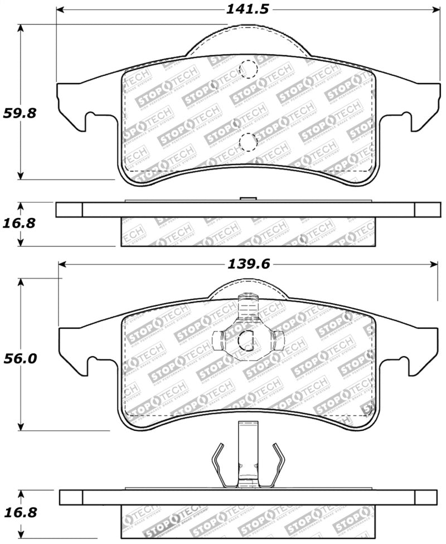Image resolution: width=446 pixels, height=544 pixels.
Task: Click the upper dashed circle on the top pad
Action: click(x=247, y=70)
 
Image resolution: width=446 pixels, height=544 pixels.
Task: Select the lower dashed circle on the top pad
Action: click(x=247, y=142)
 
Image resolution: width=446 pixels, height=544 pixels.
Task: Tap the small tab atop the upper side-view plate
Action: click(x=247, y=198)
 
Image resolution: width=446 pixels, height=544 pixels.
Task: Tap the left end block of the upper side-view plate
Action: click(x=69, y=210)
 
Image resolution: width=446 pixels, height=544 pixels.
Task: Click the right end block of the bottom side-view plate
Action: click(x=426, y=497)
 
